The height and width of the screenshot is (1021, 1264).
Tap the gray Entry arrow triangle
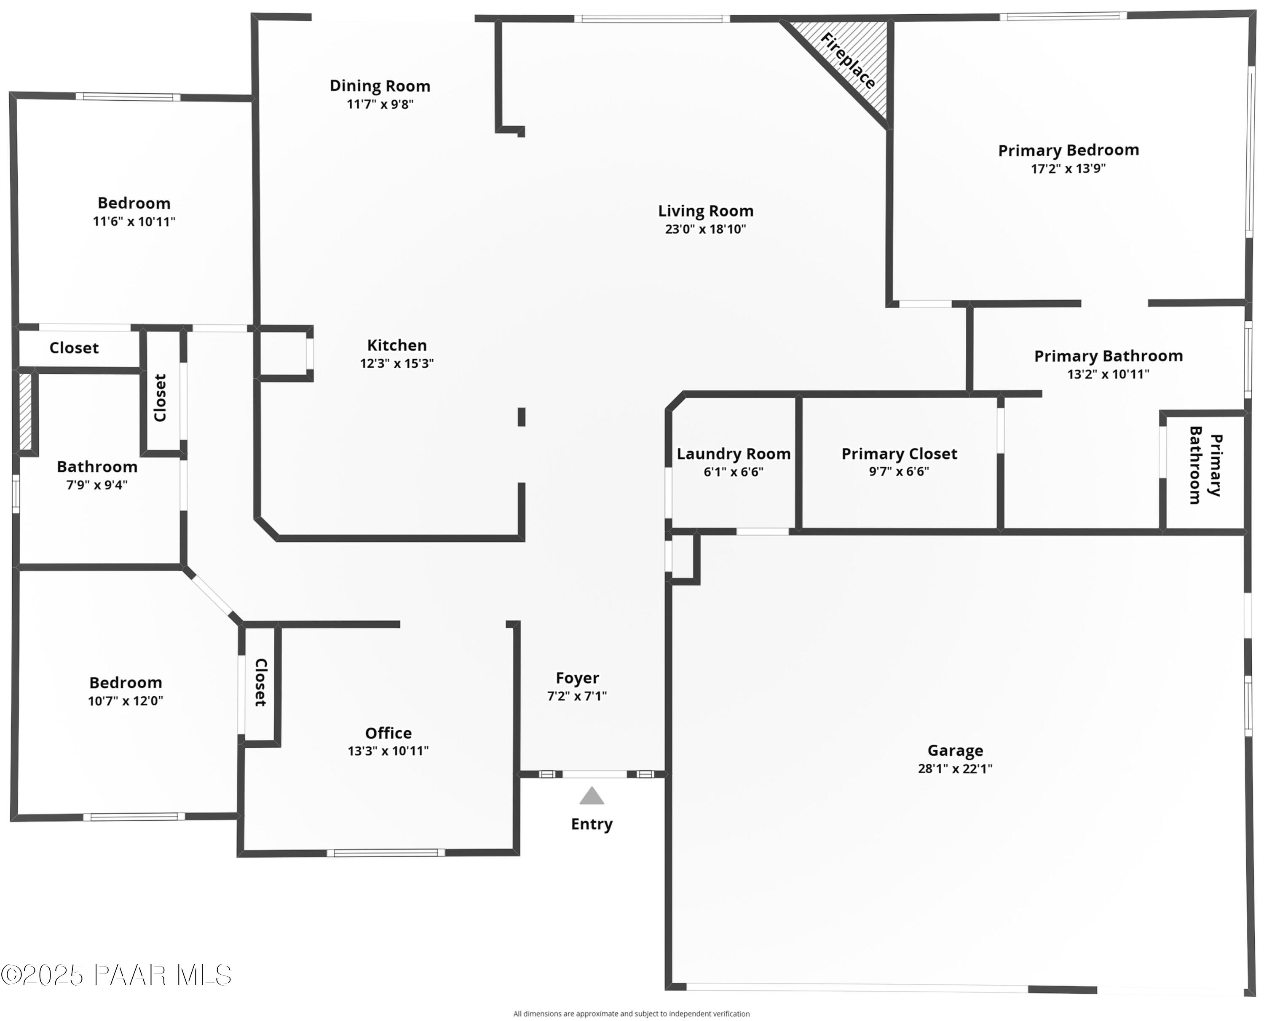[x=591, y=796]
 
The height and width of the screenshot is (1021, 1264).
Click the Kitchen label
[x=396, y=345]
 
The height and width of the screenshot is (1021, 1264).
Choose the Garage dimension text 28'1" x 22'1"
[x=955, y=769]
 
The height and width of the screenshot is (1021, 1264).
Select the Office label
[x=388, y=733]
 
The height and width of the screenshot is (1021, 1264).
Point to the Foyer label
[x=576, y=678]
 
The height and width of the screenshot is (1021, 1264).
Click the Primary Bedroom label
[x=1068, y=150]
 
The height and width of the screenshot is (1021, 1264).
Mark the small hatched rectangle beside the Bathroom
[x=25, y=412]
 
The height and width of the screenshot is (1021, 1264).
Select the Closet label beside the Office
[x=260, y=682]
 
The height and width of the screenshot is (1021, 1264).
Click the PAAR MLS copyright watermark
[x=116, y=975]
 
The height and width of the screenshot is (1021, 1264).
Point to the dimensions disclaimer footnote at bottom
[x=631, y=1013]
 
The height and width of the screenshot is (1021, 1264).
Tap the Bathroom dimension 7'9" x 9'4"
[x=96, y=485]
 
